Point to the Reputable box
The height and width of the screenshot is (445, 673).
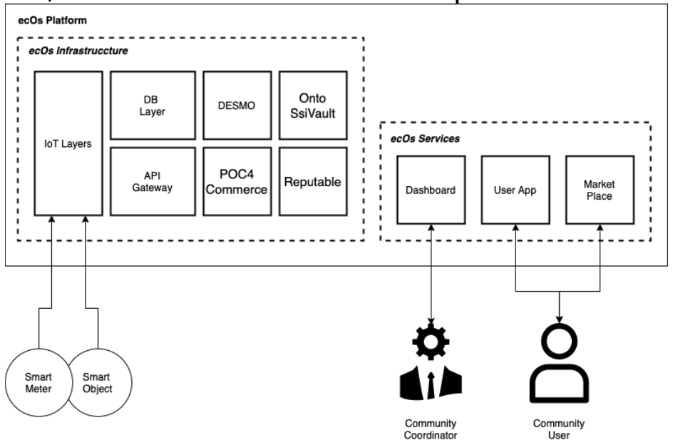(x=312, y=181)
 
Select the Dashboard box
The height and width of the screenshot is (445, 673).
(x=430, y=192)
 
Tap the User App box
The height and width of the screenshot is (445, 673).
(x=515, y=192)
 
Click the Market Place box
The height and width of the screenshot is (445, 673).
(x=599, y=192)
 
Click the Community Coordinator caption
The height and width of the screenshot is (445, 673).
(x=430, y=428)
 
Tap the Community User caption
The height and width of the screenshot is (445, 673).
(x=561, y=428)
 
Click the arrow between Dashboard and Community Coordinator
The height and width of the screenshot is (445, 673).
(x=430, y=275)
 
